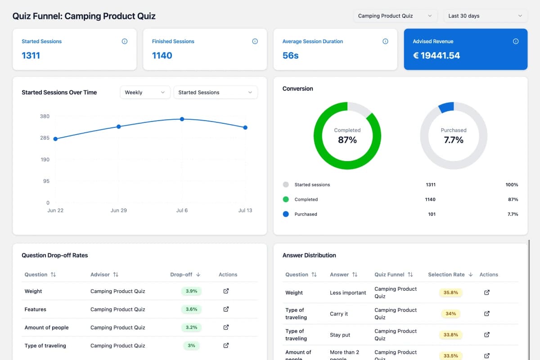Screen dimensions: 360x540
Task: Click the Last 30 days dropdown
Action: (x=485, y=16)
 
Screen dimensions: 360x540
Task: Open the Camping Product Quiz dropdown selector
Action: (x=395, y=16)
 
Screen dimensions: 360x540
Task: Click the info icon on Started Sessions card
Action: (x=125, y=41)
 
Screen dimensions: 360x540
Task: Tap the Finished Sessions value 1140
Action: (x=162, y=55)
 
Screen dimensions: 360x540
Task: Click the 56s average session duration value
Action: (x=290, y=55)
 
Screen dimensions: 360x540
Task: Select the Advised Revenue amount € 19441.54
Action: (x=436, y=55)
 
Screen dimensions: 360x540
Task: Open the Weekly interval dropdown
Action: (x=145, y=92)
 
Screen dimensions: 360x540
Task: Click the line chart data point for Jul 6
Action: (x=182, y=119)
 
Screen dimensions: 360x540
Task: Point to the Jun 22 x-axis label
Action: (x=55, y=211)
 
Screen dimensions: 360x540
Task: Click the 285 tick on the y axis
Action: (x=45, y=138)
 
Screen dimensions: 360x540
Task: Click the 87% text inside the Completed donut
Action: (x=347, y=140)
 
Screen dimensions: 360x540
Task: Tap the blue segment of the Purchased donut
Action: (x=446, y=107)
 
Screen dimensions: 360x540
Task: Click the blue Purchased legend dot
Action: (x=286, y=214)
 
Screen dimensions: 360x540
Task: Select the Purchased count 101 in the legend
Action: (x=432, y=214)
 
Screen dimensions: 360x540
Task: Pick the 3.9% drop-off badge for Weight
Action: (x=191, y=291)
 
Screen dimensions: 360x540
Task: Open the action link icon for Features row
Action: (x=226, y=309)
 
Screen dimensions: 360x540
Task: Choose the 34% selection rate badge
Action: (x=450, y=314)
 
